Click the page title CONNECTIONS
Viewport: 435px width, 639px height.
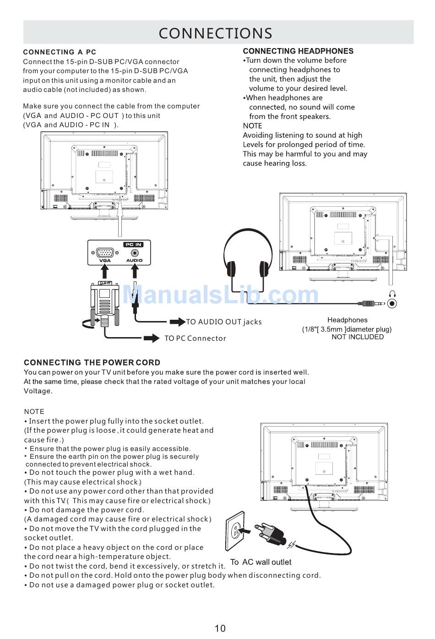(x=215, y=33)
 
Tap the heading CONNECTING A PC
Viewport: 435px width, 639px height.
(x=60, y=52)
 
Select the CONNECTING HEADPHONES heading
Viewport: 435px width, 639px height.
(x=298, y=51)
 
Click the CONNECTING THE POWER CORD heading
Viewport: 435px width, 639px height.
(x=92, y=363)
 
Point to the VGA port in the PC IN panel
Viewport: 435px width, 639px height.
(x=105, y=252)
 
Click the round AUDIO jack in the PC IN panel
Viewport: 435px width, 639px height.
(x=135, y=253)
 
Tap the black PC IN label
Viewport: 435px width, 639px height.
(x=133, y=245)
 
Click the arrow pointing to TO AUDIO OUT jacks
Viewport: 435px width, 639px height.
(x=177, y=322)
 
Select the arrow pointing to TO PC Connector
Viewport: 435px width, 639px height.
(x=151, y=338)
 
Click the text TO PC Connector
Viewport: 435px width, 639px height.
(x=196, y=338)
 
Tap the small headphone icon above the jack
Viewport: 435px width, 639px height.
(x=392, y=294)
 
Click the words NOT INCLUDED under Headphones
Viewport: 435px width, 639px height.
(x=358, y=337)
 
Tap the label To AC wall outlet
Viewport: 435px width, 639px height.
(x=261, y=562)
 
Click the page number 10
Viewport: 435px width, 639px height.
(x=220, y=628)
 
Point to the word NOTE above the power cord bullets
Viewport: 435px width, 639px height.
(x=34, y=412)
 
